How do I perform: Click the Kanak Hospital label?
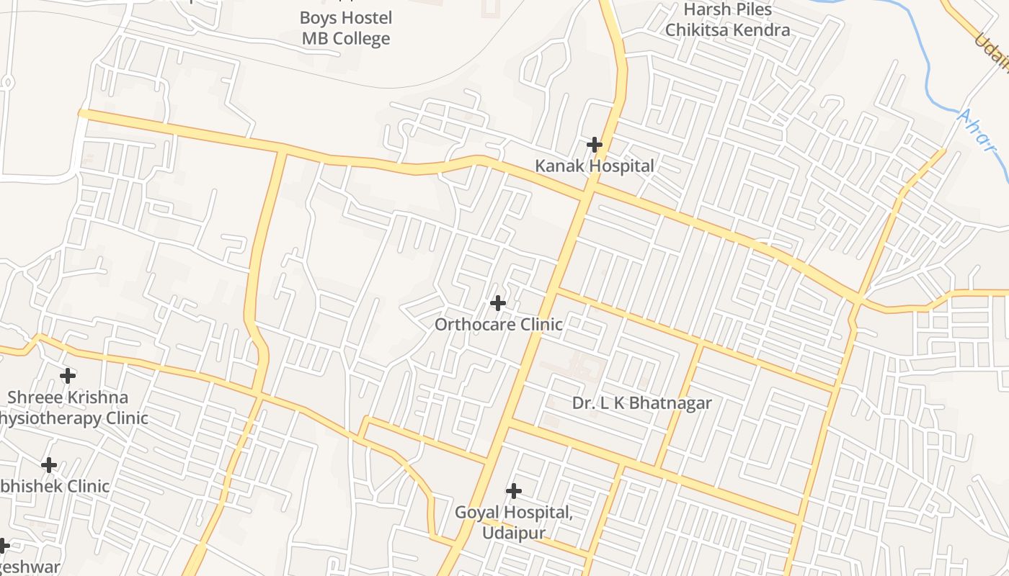(594, 166)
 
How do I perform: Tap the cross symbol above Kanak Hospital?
(594, 145)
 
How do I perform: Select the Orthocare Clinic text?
(498, 324)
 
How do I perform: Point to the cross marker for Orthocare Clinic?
(497, 303)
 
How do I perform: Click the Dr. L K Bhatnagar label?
(641, 403)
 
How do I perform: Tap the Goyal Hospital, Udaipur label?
(513, 523)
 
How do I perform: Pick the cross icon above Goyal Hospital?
(513, 491)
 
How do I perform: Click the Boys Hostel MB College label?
(346, 28)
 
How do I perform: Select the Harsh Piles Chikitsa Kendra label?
(727, 19)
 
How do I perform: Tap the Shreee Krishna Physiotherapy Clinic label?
(69, 408)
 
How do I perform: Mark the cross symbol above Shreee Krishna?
(67, 376)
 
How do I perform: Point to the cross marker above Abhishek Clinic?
(48, 465)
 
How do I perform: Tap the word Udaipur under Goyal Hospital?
(513, 534)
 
